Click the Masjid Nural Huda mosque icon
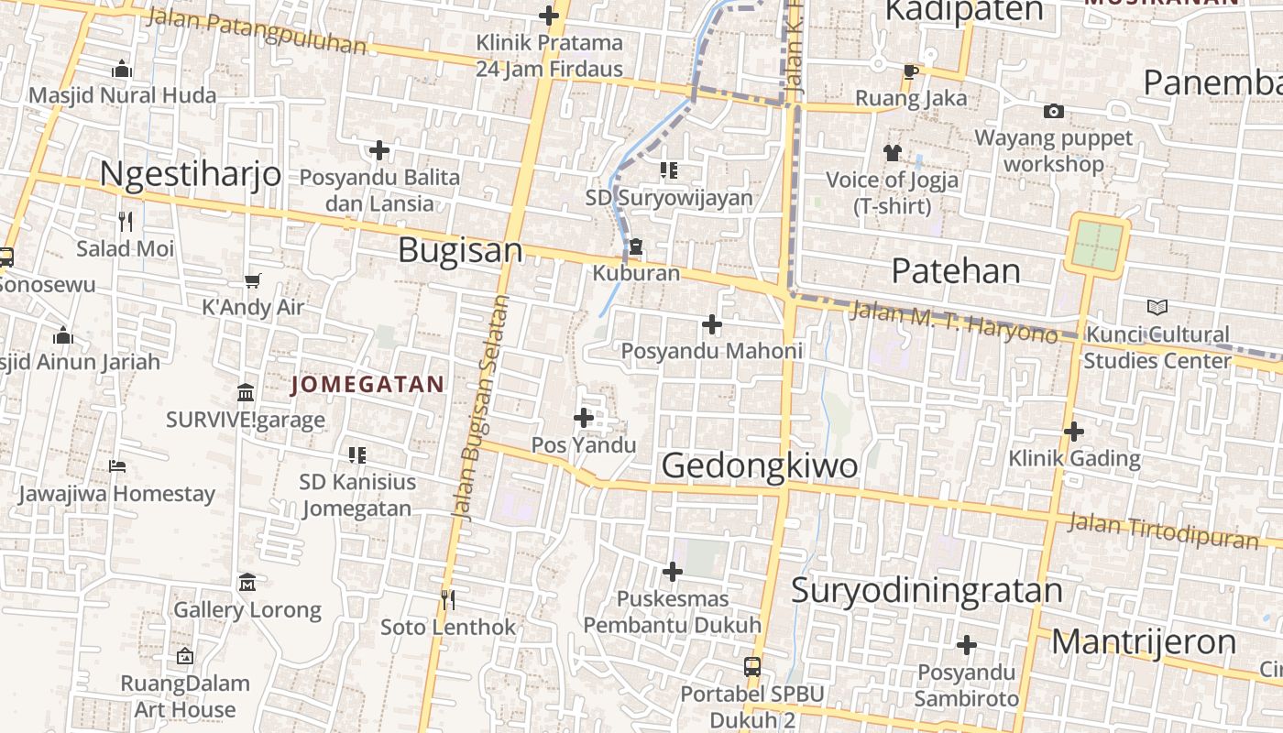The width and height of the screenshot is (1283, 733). click(122, 70)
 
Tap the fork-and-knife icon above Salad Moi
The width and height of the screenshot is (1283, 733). click(126, 221)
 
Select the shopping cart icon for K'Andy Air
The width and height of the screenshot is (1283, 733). click(252, 280)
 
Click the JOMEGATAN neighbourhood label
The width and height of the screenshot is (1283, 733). click(367, 385)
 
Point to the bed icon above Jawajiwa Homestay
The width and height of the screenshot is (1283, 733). click(116, 466)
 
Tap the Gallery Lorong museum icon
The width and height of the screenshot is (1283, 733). click(247, 583)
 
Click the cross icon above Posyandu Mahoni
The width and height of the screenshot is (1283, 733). click(711, 324)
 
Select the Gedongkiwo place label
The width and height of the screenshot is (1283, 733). click(760, 465)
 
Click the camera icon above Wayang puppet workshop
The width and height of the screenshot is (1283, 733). click(1054, 112)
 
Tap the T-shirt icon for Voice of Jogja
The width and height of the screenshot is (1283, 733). click(893, 153)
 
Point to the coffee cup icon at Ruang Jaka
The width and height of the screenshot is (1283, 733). click(910, 71)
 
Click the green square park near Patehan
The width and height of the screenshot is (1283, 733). click(1098, 245)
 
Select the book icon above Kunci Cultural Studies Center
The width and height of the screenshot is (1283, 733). click(1157, 307)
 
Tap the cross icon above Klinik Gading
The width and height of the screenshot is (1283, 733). click(1074, 431)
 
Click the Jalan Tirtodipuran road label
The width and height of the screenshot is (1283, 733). click(1163, 531)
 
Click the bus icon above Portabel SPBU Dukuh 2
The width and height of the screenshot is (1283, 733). click(752, 666)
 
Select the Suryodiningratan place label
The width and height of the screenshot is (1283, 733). click(927, 591)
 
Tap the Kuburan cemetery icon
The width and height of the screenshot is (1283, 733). click(636, 247)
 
